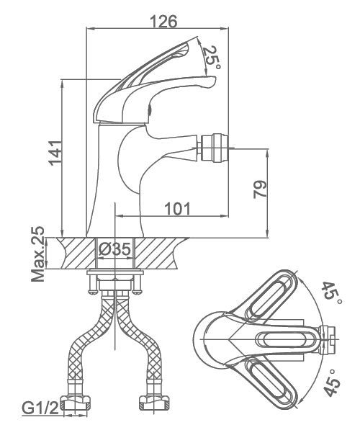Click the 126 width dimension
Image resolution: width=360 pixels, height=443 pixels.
pos(163,22)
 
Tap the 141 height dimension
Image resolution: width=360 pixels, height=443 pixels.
pos(55,153)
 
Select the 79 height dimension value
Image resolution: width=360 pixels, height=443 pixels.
pos(260,189)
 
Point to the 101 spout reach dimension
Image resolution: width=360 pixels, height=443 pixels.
pos(177,209)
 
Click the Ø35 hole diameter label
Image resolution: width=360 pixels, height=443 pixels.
pos(115,249)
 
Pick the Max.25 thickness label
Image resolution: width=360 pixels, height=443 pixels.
pos(37,254)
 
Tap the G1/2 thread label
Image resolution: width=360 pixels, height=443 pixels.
pos(40,408)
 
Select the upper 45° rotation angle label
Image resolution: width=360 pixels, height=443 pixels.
pos(331,293)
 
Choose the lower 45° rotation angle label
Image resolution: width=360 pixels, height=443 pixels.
pos(331,382)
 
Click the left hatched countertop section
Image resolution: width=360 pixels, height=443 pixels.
pos(77,253)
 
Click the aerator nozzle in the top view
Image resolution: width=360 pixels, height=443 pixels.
pos(328,339)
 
